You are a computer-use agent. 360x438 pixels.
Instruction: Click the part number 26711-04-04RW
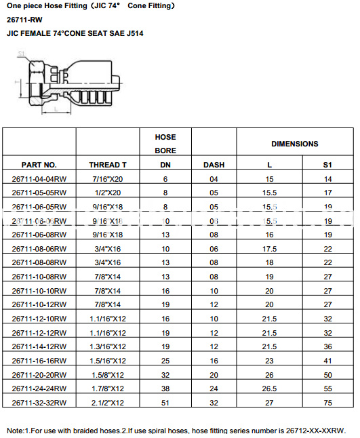point(39,179)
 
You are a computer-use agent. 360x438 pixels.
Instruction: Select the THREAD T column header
point(108,165)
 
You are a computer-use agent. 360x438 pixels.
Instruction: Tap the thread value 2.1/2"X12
point(108,403)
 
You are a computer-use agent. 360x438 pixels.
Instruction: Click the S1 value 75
point(327,403)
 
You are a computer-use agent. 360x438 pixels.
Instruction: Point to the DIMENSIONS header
point(294,144)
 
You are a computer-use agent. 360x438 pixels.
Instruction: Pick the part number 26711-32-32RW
point(39,403)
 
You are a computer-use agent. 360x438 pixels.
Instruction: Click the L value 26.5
point(271,389)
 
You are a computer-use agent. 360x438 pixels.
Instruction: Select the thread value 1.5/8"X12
point(108,374)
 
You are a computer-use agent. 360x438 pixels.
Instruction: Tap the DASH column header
point(214,165)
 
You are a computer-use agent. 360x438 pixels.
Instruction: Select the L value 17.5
point(271,248)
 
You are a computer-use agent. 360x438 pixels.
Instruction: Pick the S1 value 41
point(327,361)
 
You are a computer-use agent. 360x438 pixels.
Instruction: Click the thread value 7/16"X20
point(108,179)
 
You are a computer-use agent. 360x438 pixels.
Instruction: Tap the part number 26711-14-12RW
point(39,346)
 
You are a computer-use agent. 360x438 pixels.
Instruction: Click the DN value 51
point(165,403)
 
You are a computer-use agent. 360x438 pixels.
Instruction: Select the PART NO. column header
point(39,165)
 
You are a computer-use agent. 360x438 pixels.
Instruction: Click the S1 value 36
point(327,346)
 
